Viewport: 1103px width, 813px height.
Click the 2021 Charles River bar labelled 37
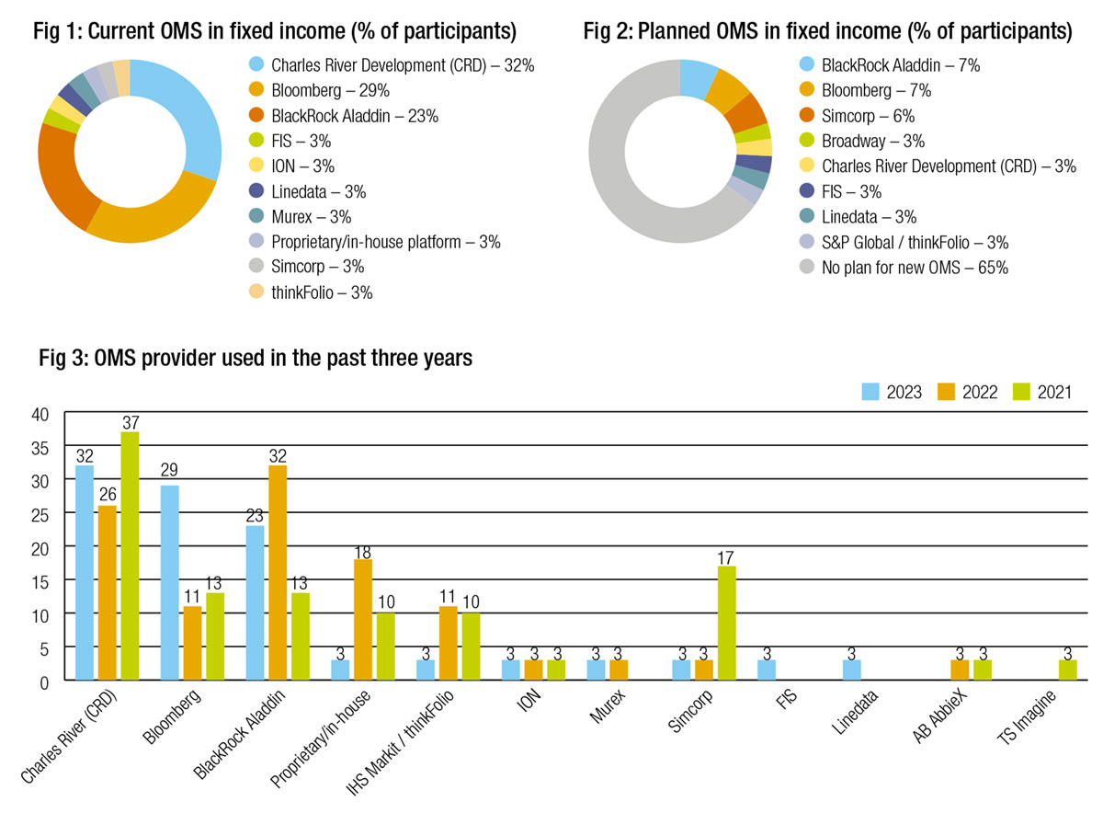pyautogui.click(x=130, y=555)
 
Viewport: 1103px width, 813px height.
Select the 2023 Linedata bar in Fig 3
pyautogui.click(x=851, y=670)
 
